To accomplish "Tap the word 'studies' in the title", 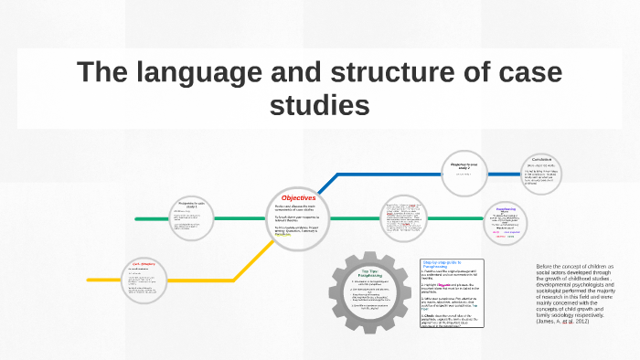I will click(320, 105).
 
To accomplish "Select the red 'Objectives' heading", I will click(298, 197).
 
